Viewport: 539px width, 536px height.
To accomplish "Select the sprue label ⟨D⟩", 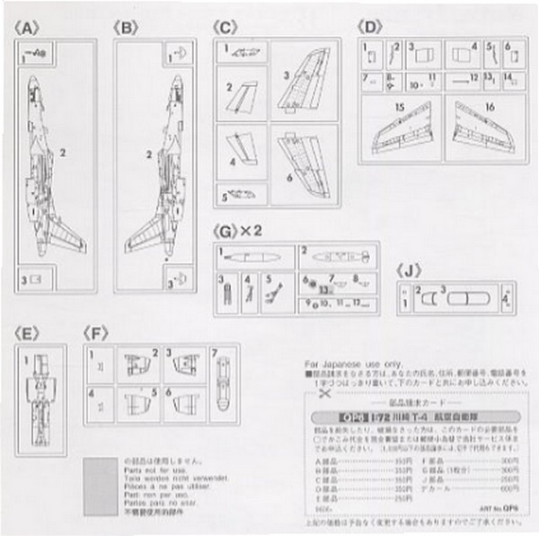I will point(373,28).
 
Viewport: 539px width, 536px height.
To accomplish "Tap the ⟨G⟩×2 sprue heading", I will point(240,231).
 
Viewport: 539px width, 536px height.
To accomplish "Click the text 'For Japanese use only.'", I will point(342,363).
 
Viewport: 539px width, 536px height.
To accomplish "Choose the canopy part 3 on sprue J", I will point(463,297).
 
